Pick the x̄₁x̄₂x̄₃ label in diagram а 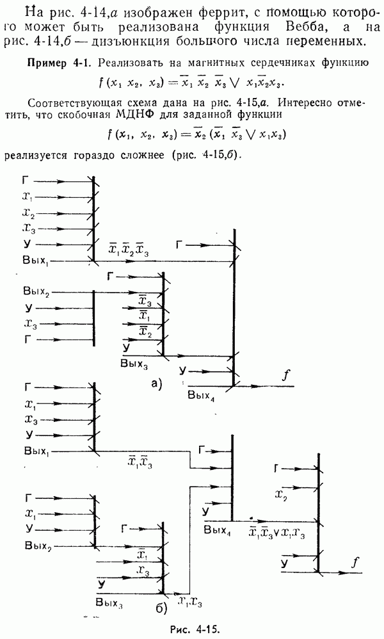(128, 250)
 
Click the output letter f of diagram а (286, 376)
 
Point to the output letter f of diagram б (355, 563)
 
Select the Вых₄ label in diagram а (201, 396)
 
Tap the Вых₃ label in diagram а (134, 364)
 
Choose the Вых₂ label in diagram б (38, 547)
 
